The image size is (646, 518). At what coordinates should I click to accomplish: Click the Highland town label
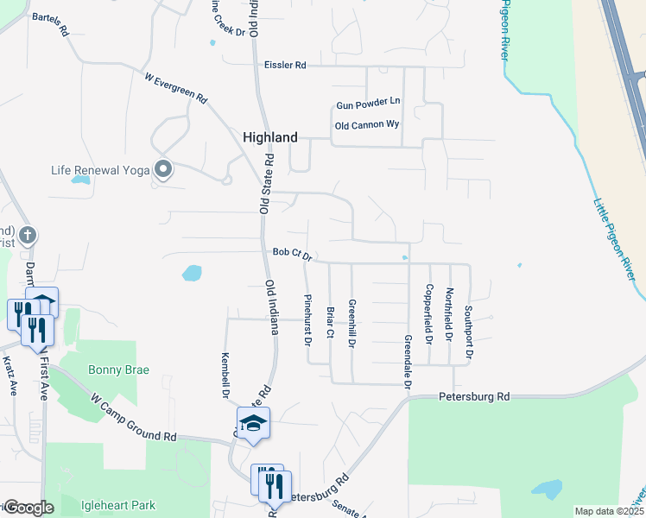(270, 137)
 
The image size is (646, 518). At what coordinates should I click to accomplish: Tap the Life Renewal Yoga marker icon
(162, 168)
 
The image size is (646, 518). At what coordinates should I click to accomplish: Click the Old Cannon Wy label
(367, 125)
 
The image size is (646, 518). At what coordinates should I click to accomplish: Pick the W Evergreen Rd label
(176, 88)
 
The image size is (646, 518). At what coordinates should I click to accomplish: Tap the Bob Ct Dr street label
(291, 254)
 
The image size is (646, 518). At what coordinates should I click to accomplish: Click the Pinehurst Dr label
(307, 319)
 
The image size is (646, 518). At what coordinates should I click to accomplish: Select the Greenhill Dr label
(352, 323)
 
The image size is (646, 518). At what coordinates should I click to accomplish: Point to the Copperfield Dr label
(429, 312)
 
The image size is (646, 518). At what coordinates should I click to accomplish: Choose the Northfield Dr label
(449, 313)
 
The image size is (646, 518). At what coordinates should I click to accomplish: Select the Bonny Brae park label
(118, 370)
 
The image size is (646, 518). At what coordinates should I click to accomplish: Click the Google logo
(28, 508)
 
